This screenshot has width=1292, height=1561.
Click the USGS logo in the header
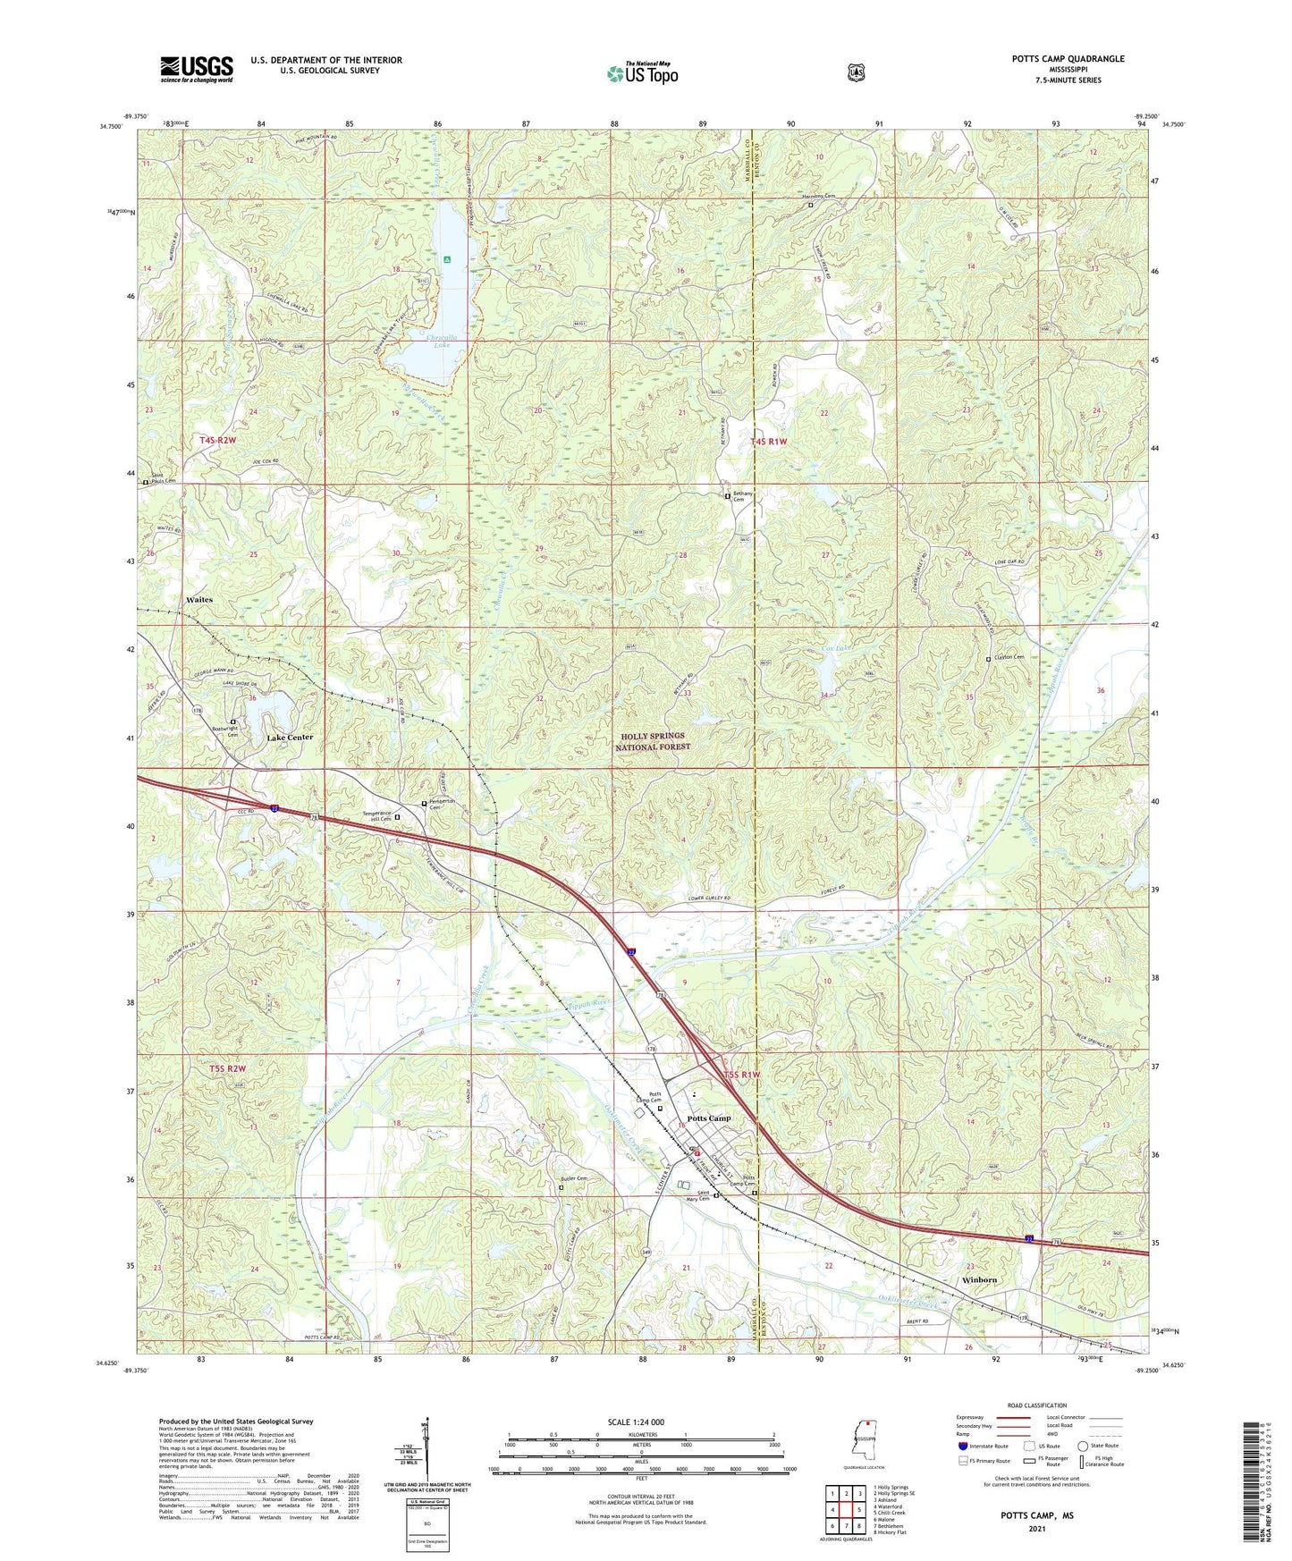click(197, 69)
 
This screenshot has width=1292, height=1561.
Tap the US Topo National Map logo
click(642, 72)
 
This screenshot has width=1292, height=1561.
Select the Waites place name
click(199, 600)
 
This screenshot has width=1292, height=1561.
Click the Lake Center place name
click(291, 738)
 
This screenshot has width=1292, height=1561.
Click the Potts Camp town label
click(709, 1118)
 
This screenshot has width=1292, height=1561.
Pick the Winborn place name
click(979, 1280)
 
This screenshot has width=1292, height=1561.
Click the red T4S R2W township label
click(218, 441)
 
